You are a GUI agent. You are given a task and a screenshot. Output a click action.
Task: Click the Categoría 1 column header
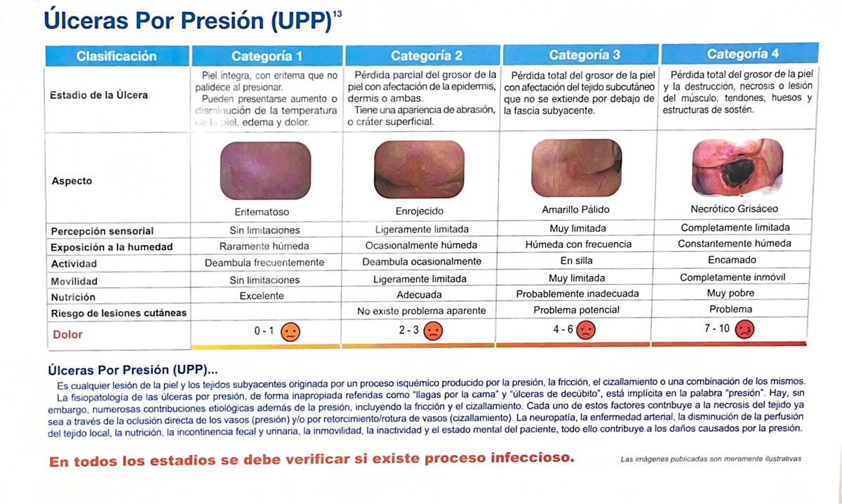pyautogui.click(x=267, y=56)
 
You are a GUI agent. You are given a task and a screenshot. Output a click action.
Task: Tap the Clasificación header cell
pyautogui.click(x=116, y=56)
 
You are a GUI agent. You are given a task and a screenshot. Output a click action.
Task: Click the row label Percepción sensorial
pyautogui.click(x=102, y=231)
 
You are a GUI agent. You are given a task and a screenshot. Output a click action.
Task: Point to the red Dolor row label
pyautogui.click(x=67, y=335)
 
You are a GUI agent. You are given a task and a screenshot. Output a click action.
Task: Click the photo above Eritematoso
pyautogui.click(x=265, y=171)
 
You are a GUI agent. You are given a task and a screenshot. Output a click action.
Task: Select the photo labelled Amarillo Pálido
pyautogui.click(x=575, y=168)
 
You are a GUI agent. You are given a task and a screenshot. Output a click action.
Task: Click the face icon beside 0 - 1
pyautogui.click(x=290, y=332)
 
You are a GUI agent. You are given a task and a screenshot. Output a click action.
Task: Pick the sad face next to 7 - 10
pyautogui.click(x=745, y=329)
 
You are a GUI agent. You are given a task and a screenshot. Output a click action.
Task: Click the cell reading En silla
pyautogui.click(x=577, y=260)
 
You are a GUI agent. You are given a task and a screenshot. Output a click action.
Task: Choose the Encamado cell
pyautogui.click(x=732, y=260)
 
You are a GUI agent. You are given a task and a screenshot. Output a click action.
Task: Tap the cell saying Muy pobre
pyautogui.click(x=731, y=293)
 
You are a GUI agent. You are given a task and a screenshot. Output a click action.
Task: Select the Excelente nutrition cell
pyautogui.click(x=262, y=296)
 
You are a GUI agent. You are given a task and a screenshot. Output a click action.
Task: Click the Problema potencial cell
pyautogui.click(x=577, y=310)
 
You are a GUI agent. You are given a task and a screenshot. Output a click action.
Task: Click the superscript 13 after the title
pyautogui.click(x=338, y=14)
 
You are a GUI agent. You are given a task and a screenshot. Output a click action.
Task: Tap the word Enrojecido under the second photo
pyautogui.click(x=420, y=211)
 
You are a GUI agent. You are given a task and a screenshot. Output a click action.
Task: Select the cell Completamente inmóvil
pyautogui.click(x=732, y=277)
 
